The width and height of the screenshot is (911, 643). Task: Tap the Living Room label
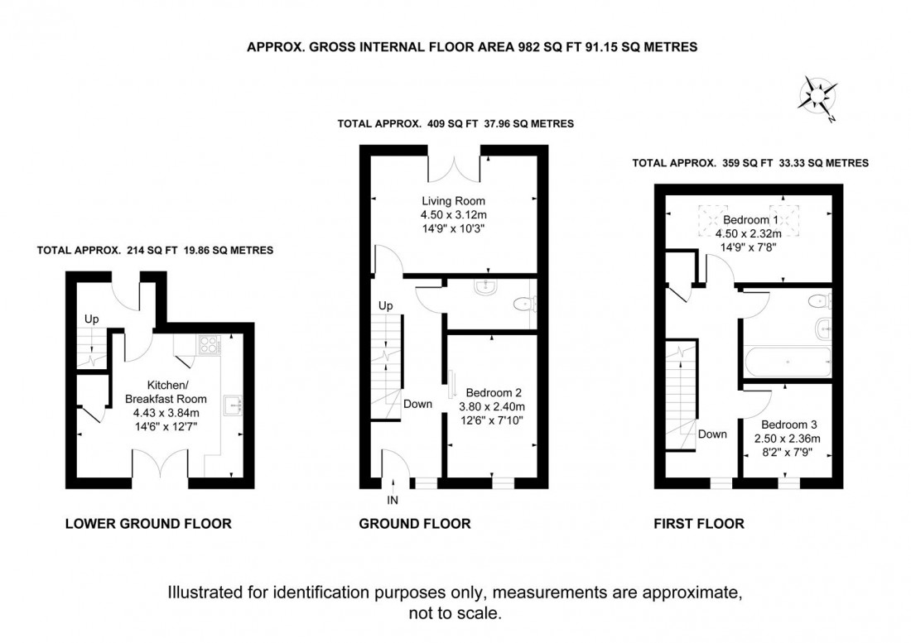pos(453,201)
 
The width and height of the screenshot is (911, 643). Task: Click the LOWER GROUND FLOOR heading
pos(147,523)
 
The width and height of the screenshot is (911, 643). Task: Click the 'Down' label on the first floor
pos(712,434)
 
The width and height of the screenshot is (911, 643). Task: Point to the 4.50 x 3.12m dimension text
pos(453,215)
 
